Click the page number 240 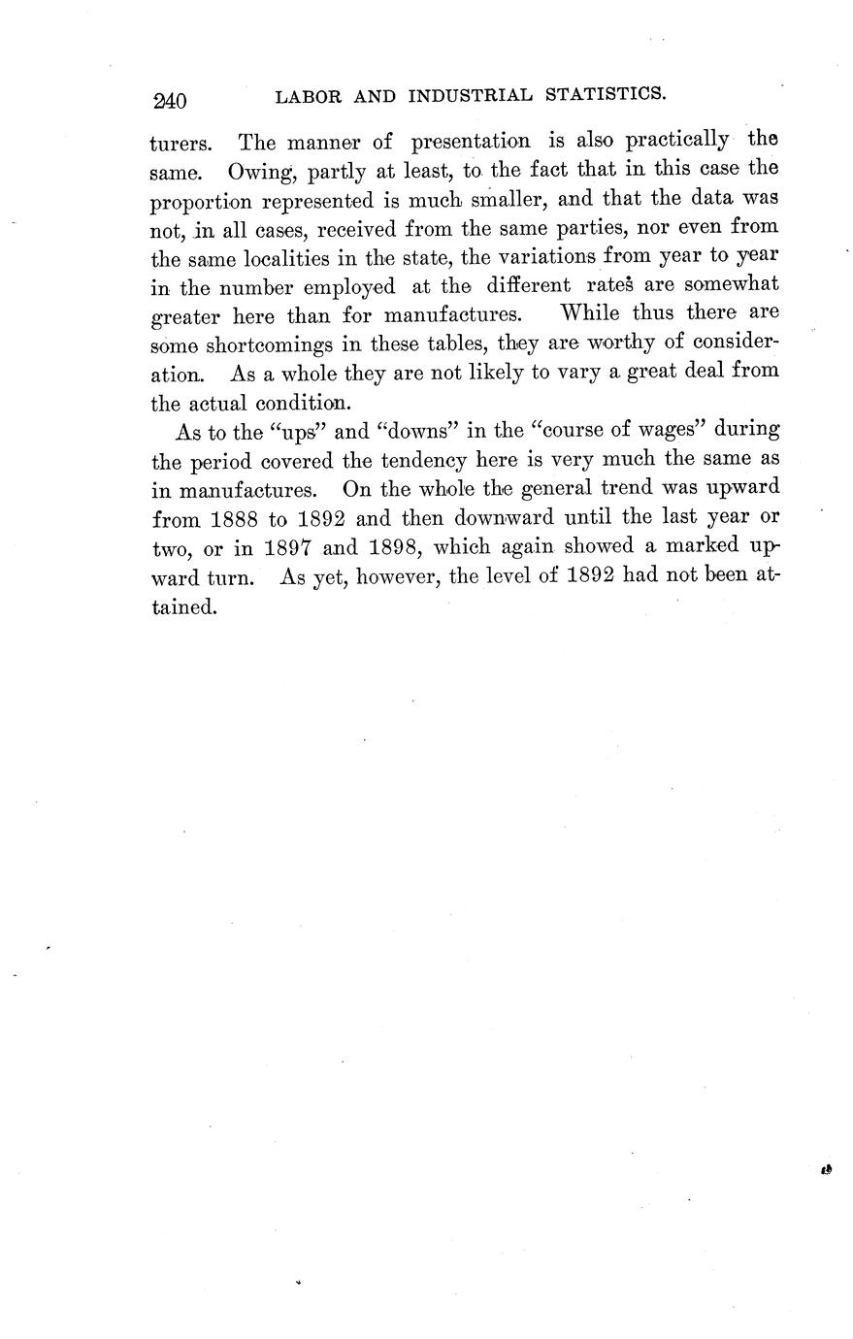pos(169,99)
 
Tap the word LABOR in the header pos(304,96)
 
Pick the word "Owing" pos(257,173)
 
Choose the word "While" pos(593,315)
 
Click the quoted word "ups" pos(290,429)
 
